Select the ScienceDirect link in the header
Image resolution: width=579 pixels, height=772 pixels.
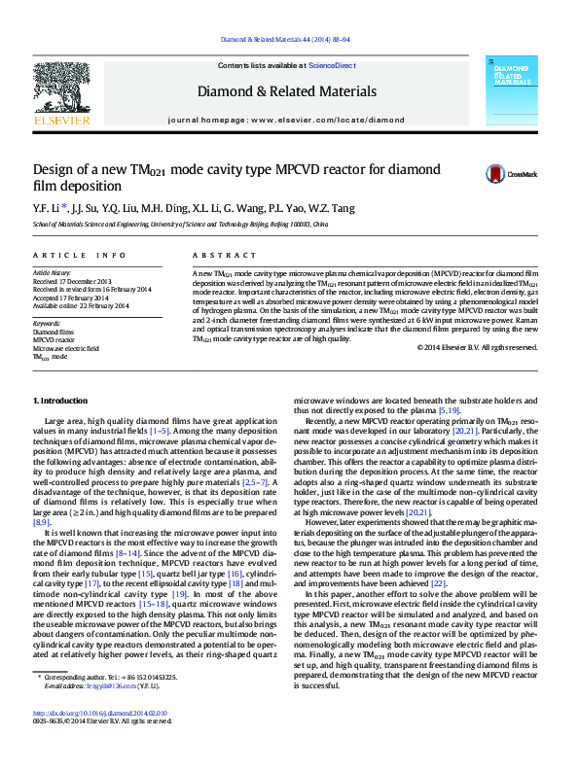(x=332, y=64)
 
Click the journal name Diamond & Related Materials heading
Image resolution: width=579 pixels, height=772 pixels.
(x=286, y=91)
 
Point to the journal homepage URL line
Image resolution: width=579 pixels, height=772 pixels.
(x=286, y=120)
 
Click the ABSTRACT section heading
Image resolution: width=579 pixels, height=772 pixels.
(x=216, y=255)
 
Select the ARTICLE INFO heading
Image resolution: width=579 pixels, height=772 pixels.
(x=79, y=255)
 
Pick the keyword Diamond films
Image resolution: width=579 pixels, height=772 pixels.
(x=53, y=332)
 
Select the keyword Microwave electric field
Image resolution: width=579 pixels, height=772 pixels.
(x=66, y=348)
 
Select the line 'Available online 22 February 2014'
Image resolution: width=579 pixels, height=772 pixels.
(x=81, y=305)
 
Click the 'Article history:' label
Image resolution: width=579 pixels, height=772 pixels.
(x=53, y=273)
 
